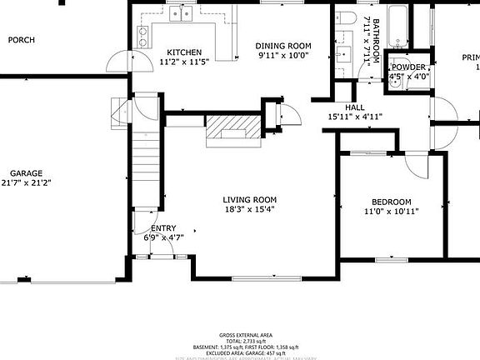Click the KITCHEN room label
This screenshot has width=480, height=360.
point(183,52)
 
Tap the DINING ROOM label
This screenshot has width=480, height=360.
point(282,46)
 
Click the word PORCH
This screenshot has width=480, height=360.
point(21,39)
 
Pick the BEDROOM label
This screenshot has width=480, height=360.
point(391,202)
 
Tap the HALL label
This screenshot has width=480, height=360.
point(356,107)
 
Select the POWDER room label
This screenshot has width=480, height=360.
point(408,67)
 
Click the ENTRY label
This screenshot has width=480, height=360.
point(162,228)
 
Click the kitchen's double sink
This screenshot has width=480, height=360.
point(181,13)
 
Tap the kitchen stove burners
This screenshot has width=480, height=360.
point(142,36)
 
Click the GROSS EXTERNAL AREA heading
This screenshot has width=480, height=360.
point(240,335)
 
